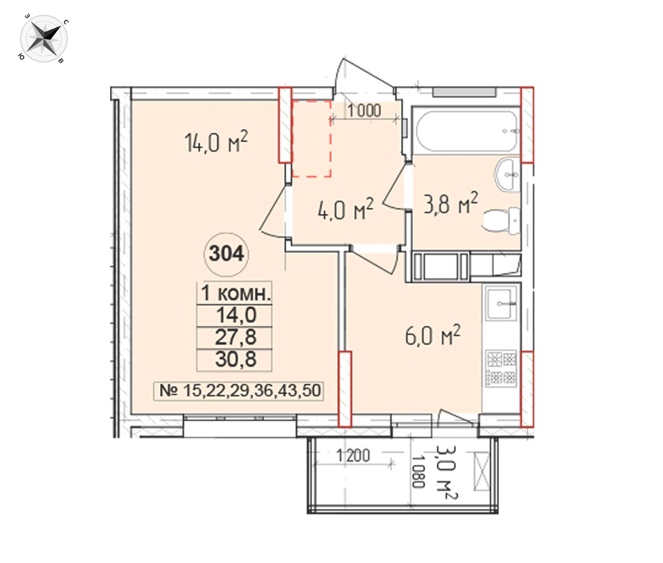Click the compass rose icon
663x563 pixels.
(44, 39)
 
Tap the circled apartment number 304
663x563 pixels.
(227, 254)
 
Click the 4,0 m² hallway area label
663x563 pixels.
(346, 209)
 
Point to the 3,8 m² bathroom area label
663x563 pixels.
(451, 203)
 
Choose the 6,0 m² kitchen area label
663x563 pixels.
(432, 335)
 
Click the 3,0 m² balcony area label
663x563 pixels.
(446, 472)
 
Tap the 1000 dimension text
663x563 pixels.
(364, 111)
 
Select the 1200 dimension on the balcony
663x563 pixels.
(353, 455)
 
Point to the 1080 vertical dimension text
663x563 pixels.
(418, 472)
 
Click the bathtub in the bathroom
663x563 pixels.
(467, 131)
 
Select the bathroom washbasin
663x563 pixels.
(508, 175)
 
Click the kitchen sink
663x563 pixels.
(501, 303)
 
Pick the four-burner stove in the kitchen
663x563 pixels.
(501, 368)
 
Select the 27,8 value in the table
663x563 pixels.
(236, 337)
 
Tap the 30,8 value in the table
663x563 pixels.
(236, 359)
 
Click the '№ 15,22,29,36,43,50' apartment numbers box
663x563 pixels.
(239, 391)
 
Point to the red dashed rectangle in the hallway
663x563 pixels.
(311, 139)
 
